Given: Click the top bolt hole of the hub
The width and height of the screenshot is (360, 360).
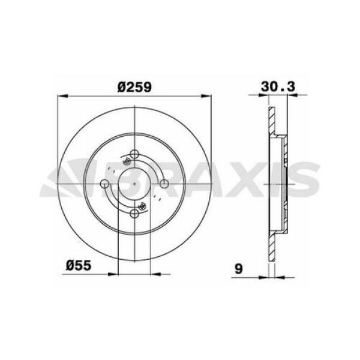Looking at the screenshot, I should pyautogui.click(x=135, y=153).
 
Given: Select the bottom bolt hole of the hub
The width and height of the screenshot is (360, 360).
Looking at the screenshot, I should pyautogui.click(x=135, y=213).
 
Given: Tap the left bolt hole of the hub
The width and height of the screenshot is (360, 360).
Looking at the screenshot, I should pyautogui.click(x=105, y=183).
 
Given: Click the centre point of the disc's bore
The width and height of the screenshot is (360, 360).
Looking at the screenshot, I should pyautogui.click(x=135, y=183).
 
